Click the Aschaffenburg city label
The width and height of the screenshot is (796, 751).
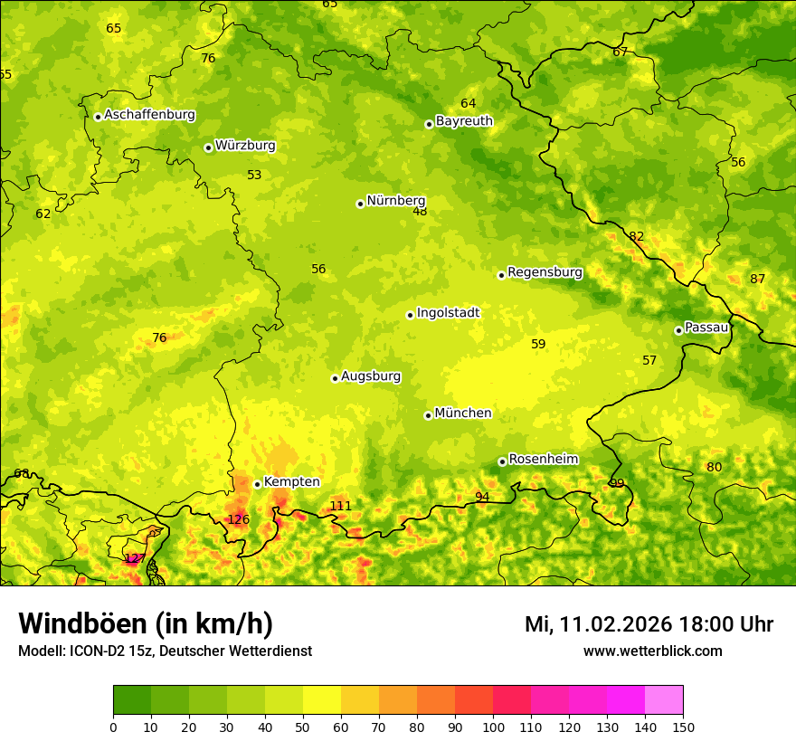click(149, 115)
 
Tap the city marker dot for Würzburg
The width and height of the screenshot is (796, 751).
click(208, 147)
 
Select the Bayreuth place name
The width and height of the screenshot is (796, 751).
click(464, 121)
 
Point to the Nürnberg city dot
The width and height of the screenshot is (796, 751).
click(360, 204)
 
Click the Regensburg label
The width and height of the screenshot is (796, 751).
click(545, 272)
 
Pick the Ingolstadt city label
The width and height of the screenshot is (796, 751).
click(448, 313)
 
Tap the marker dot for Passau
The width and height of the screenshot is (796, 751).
click(678, 330)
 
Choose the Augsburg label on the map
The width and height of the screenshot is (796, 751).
click(371, 376)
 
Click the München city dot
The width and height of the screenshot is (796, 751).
click(428, 415)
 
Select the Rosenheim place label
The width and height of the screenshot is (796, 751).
click(543, 460)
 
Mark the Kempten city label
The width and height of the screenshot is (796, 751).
click(291, 482)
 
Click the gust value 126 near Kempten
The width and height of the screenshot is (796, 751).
click(238, 519)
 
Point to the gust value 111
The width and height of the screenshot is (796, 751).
click(340, 506)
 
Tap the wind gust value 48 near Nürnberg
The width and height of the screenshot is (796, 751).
click(420, 212)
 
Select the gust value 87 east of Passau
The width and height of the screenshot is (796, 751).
click(757, 279)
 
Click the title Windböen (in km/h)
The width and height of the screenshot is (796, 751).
click(146, 623)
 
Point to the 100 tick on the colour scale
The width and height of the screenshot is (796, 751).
click(493, 726)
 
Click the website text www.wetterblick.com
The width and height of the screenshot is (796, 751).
click(652, 651)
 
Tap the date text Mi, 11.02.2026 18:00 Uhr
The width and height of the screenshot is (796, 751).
click(649, 624)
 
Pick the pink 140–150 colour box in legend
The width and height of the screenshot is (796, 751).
click(664, 700)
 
